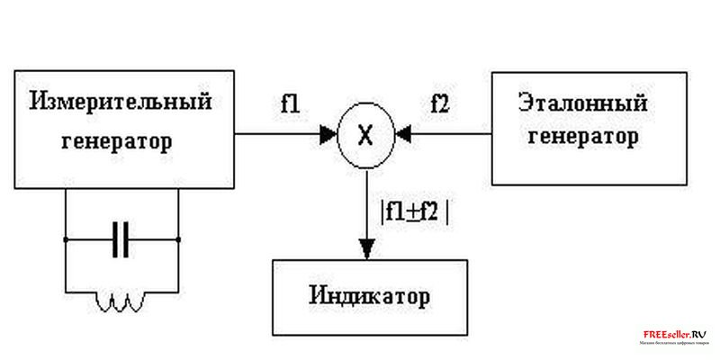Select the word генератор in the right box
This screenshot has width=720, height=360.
click(x=584, y=138)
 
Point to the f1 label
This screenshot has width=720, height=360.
click(x=290, y=103)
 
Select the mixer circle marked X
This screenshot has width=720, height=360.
click(x=365, y=136)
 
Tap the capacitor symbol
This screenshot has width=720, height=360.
click(x=121, y=240)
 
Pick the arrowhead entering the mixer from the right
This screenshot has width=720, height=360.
click(x=403, y=136)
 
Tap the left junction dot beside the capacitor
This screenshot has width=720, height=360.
click(x=65, y=240)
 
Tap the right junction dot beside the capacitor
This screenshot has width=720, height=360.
click(x=178, y=240)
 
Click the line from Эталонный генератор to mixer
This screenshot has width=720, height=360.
click(x=450, y=136)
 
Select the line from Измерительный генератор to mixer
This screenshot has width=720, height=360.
click(x=279, y=136)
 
